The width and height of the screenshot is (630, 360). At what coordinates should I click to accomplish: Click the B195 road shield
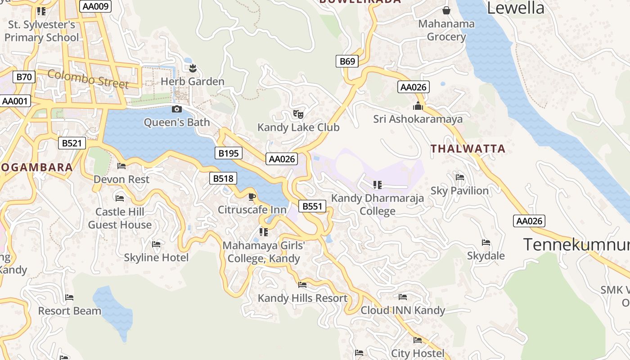coord(228,153)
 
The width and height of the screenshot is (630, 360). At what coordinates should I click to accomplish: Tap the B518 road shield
coord(223,179)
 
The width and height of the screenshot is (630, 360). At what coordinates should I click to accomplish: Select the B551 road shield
coord(312,207)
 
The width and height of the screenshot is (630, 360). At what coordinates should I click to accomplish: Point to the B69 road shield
coord(347,62)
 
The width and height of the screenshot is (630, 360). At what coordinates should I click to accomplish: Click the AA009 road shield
coord(95,6)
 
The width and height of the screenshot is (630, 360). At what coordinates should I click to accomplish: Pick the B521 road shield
coord(72,144)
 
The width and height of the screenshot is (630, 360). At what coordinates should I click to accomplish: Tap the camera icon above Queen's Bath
coord(177,109)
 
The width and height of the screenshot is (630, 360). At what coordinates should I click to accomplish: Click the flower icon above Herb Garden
coord(193,68)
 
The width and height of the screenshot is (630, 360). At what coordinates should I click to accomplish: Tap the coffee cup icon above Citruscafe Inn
coord(252,197)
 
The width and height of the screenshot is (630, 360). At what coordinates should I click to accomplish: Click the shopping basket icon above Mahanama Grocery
coord(446,10)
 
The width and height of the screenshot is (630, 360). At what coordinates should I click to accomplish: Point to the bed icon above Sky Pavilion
coord(459,177)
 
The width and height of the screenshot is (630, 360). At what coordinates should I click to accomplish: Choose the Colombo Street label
coord(88,79)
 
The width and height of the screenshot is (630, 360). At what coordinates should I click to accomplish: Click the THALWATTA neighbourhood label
coord(468,148)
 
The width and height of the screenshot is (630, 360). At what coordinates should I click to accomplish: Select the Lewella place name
coord(516,8)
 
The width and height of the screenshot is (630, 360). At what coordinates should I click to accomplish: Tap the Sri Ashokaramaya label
coord(418,119)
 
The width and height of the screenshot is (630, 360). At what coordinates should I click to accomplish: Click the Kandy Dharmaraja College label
coord(378,204)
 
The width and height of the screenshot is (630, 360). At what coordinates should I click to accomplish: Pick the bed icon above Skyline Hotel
coord(156,244)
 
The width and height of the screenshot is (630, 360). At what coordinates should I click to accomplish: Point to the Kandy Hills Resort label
coord(302,298)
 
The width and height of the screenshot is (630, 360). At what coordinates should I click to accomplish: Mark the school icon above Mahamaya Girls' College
coord(264,232)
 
